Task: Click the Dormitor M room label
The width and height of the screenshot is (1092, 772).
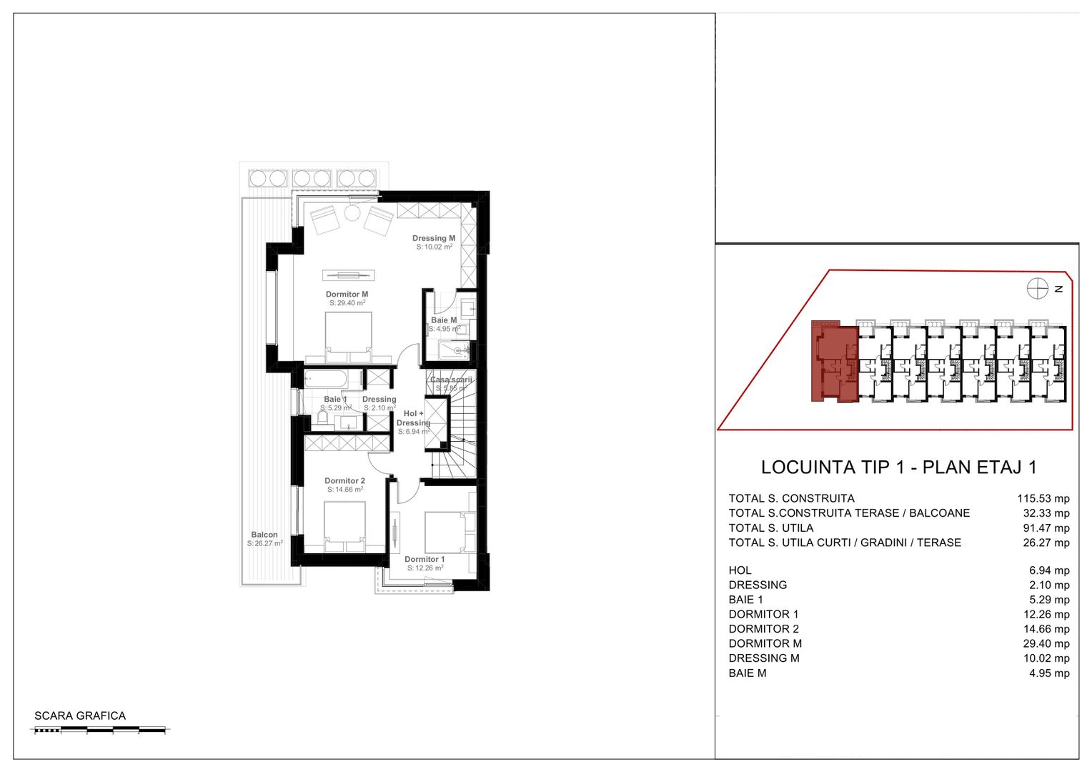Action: (x=347, y=295)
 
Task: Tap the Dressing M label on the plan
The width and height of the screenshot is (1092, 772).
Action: (x=433, y=239)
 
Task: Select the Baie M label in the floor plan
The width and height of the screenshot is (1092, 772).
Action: (x=443, y=320)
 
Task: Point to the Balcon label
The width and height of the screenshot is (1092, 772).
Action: (x=264, y=535)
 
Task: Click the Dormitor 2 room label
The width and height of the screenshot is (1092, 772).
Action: (x=344, y=481)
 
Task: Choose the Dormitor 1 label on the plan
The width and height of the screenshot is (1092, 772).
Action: (x=425, y=560)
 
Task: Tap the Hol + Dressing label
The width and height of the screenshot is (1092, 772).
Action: (x=413, y=418)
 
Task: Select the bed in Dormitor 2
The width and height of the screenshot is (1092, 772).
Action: (x=345, y=526)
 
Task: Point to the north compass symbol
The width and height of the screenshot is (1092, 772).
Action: (x=1037, y=289)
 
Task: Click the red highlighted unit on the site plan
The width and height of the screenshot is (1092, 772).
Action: (x=834, y=362)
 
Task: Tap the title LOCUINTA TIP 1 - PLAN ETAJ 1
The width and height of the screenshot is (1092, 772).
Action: (x=898, y=467)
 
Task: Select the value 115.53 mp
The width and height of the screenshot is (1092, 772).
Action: (x=1043, y=498)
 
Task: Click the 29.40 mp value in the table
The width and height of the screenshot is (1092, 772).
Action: (x=1046, y=643)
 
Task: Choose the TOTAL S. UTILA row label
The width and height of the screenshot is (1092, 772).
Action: (x=770, y=528)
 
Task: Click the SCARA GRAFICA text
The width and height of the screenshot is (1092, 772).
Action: (x=80, y=716)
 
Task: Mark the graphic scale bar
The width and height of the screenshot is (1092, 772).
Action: (x=100, y=730)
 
